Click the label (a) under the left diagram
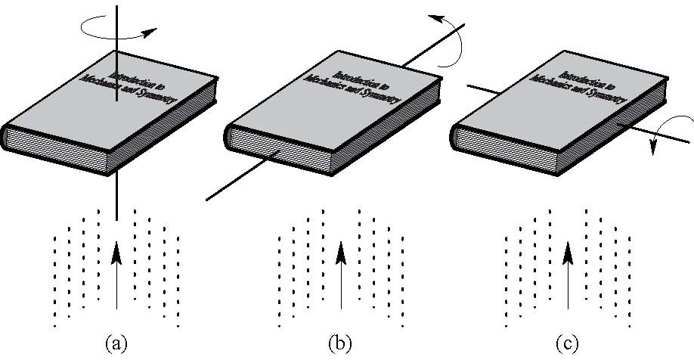[x=115, y=344]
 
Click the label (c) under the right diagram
[x=567, y=344]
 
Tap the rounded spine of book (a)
[x=6, y=136]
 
